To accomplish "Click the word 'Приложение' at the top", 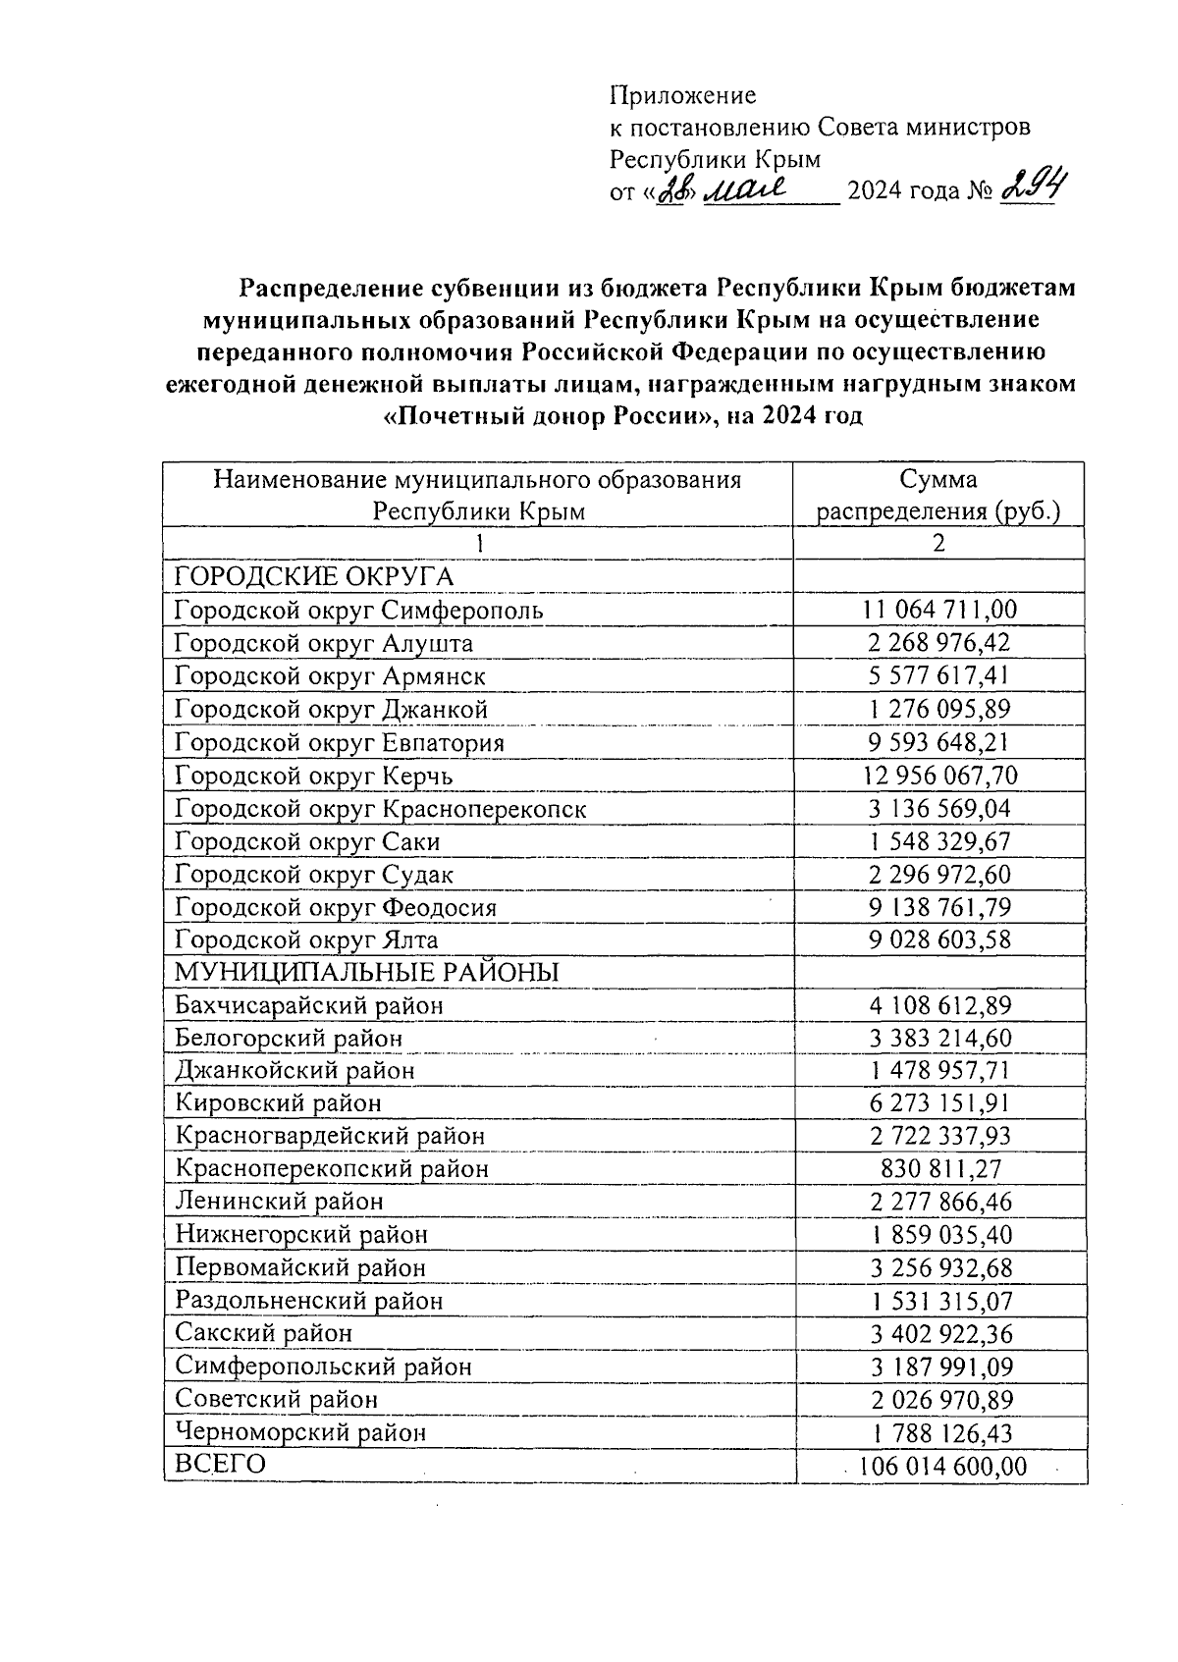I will (683, 95).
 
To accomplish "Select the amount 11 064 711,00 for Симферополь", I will (939, 610).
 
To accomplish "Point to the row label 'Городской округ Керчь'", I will (313, 776).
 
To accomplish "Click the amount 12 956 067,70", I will (939, 776).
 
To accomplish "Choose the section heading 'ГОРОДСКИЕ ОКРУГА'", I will (314, 576).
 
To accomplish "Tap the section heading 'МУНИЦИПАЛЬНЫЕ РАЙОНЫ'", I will (366, 972).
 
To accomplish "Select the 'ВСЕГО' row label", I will (220, 1464).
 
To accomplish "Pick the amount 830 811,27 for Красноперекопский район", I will (939, 1169).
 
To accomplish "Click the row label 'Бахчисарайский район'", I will (308, 1005).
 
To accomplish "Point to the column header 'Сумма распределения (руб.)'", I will (939, 496).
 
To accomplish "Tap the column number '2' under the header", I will (939, 544).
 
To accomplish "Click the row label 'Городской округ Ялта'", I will (306, 939).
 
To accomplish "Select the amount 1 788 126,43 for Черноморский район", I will (939, 1432).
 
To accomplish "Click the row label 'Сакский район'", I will (263, 1333).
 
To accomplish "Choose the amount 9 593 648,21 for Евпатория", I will (939, 742).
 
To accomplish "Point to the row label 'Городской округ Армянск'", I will (330, 676).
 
